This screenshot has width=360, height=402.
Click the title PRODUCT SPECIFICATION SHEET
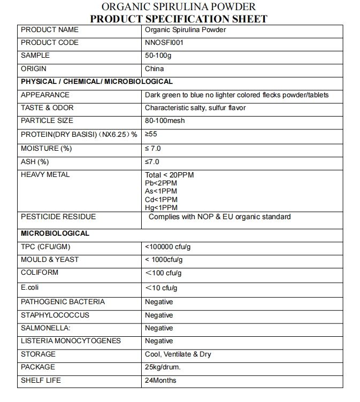179,19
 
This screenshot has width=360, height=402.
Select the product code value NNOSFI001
164,43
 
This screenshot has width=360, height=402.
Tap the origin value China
154,69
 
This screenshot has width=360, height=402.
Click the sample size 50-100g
157,56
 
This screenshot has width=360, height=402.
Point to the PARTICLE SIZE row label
47,121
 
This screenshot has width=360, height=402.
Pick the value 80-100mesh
165,121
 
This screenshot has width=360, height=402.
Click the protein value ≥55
151,134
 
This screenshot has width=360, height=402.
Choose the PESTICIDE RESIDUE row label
58,217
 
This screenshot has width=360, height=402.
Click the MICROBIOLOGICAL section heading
55,234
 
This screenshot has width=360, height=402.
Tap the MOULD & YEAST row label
50,260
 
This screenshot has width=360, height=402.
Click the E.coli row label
30,287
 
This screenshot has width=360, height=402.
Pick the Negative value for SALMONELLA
159,328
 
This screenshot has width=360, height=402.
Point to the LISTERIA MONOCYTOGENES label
71,341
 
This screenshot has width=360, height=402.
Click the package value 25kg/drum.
163,367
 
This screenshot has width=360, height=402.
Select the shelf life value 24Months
160,381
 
